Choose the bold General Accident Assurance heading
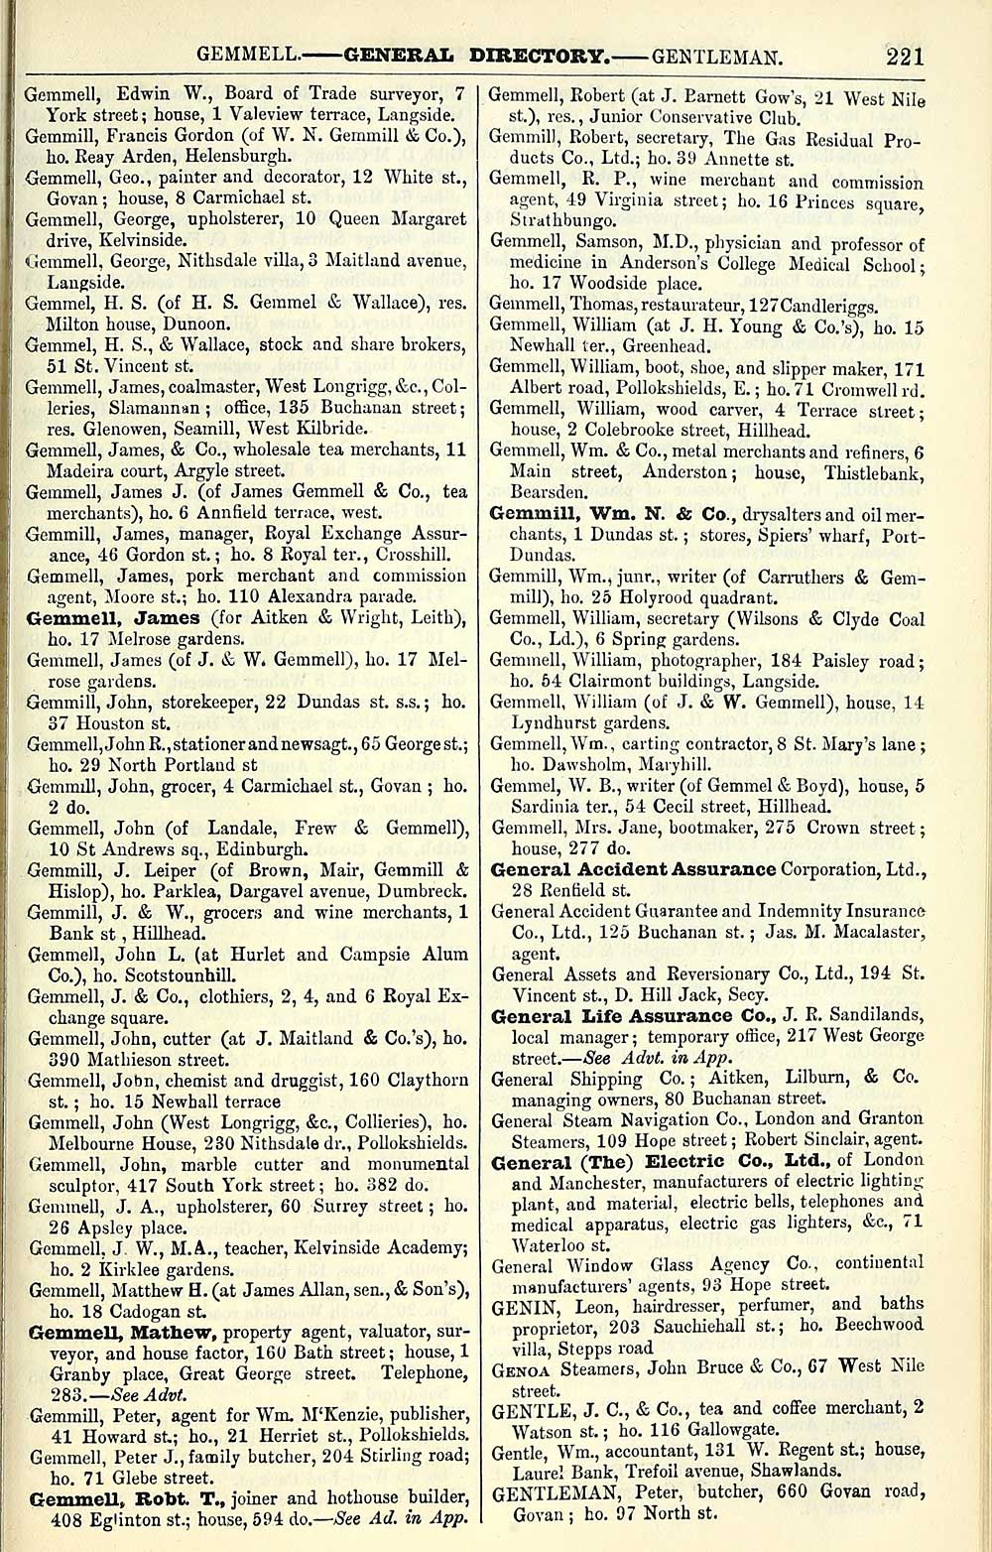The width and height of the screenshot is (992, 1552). pyautogui.click(x=634, y=869)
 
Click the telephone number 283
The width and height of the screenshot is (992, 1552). pyautogui.click(x=45, y=1394)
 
